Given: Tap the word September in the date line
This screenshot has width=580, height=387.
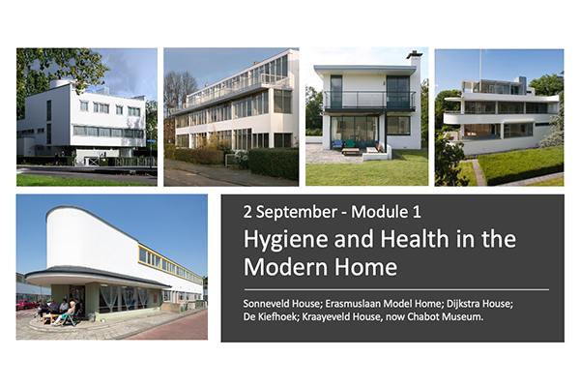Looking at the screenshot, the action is (297, 212).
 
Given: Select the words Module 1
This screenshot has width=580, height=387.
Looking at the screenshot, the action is (386, 212).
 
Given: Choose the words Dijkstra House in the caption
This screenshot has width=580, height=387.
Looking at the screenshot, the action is (479, 304).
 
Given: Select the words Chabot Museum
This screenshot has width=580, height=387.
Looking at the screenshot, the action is (446, 317).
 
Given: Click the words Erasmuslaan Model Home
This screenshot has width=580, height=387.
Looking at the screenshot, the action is (384, 304).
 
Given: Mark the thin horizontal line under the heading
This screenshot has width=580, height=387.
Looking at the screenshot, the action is (396, 289).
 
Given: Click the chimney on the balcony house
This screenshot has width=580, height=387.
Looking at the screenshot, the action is (415, 59).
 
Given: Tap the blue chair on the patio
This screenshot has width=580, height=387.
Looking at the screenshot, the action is (337, 144).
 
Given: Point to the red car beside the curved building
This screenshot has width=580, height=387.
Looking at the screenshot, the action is (27, 305).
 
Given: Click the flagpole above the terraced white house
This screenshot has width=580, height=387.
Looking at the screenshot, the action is (480, 65).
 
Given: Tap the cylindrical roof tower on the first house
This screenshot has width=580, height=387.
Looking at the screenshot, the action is (60, 83).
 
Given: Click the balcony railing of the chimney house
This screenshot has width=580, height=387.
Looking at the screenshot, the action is (369, 101).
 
